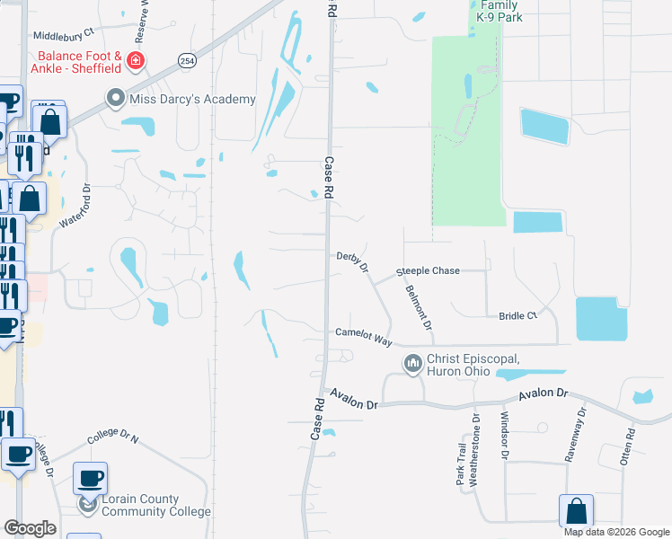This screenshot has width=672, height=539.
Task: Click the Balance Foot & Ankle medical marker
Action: coord(136,61)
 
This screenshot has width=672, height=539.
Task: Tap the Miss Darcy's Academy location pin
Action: coord(115,99)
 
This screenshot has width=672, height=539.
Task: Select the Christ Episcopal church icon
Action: coord(413,364)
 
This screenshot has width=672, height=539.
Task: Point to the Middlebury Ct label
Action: coord(64,36)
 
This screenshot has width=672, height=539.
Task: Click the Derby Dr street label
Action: coord(353,261)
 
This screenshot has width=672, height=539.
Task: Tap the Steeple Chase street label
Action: coord(429,270)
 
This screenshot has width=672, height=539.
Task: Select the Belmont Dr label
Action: coord(420,307)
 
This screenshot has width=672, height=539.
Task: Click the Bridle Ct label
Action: coord(517,316)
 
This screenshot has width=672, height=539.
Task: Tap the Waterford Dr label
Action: coord(76,208)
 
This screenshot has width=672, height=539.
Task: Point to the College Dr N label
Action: coord(113,439)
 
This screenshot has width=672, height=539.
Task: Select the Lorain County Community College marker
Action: coord(87,505)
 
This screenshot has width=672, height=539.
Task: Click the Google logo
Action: coord(30,528)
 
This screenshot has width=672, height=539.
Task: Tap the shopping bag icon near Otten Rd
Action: coord(577,511)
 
